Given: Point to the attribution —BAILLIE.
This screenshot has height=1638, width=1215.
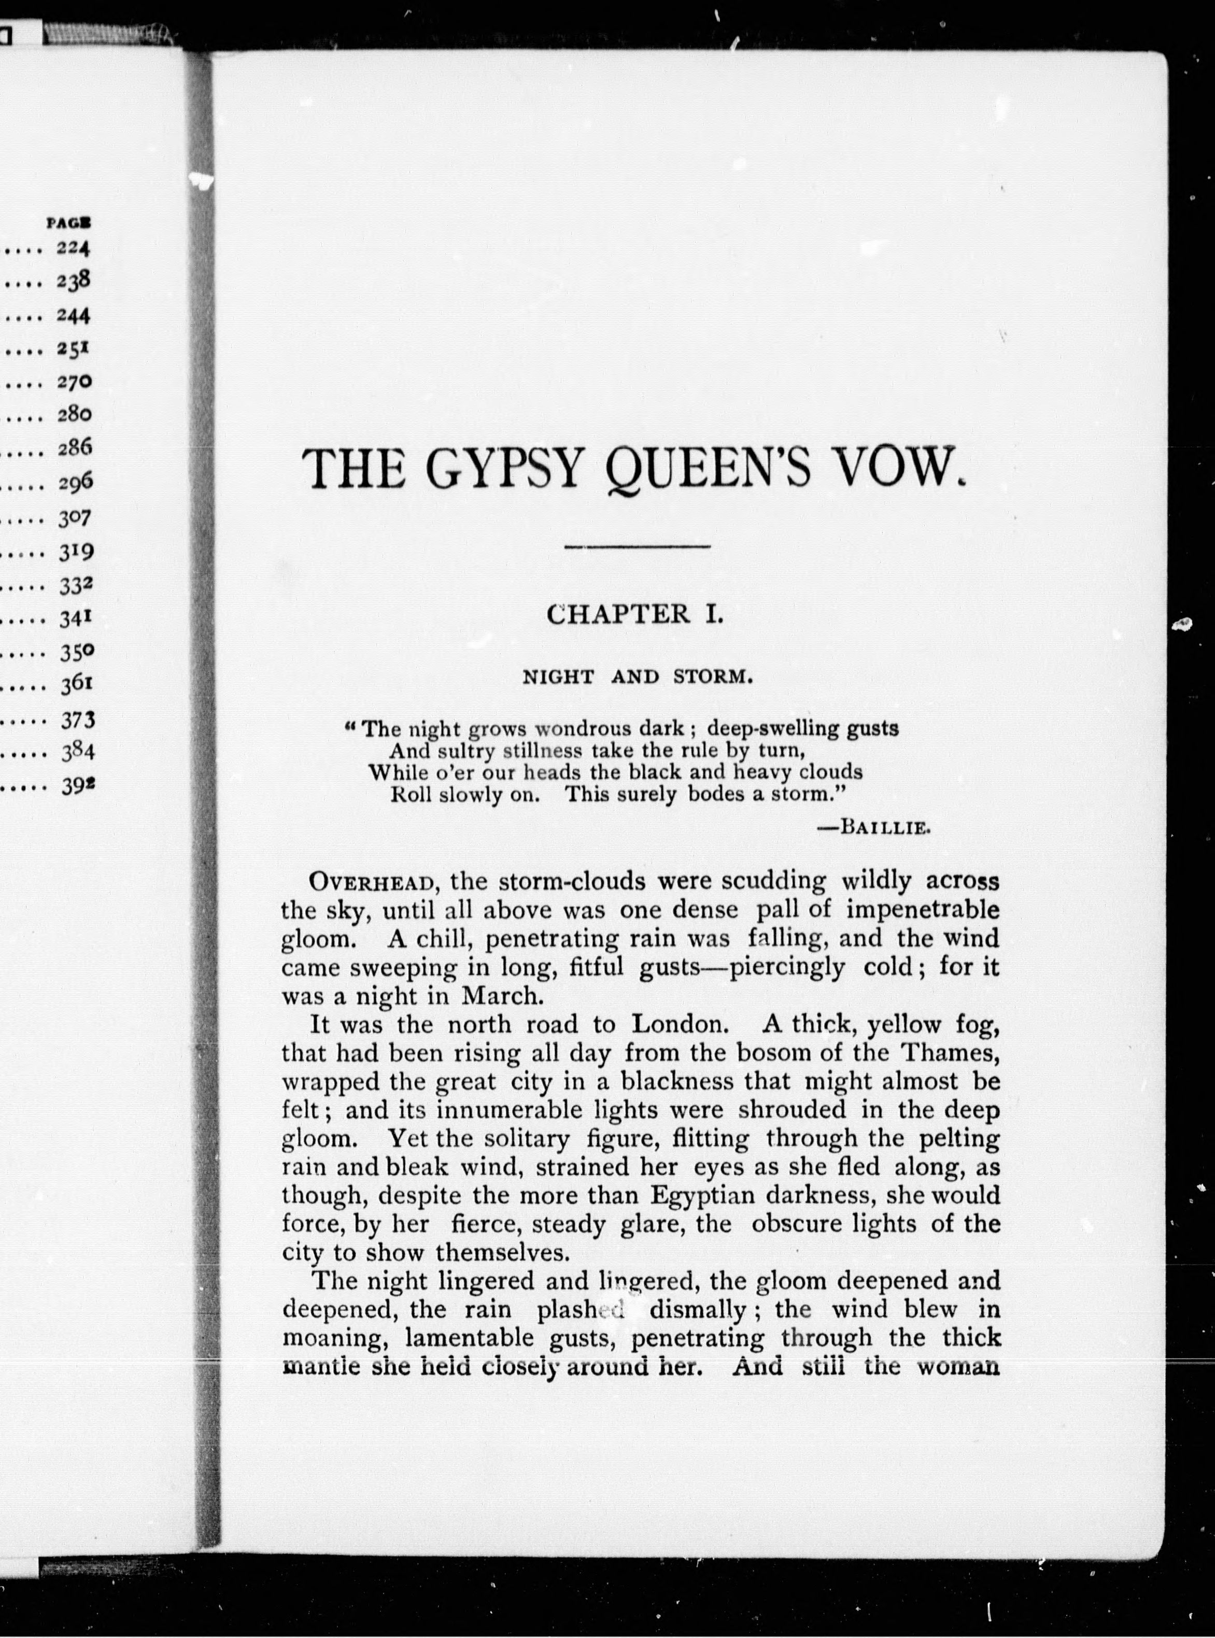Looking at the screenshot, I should [874, 827].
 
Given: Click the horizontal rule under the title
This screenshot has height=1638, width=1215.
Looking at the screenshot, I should [636, 546].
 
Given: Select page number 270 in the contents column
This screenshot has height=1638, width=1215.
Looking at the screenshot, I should [74, 382].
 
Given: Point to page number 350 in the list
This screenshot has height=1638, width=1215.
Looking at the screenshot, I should [77, 652].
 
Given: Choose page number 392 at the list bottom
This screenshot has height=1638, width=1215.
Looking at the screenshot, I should [77, 785].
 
